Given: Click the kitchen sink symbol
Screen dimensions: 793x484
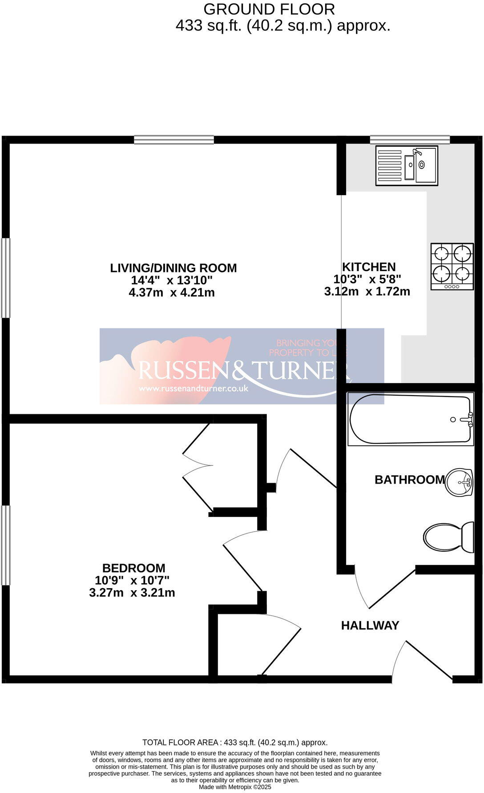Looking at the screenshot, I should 406,165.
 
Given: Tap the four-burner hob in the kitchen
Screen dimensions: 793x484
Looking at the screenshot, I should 452,267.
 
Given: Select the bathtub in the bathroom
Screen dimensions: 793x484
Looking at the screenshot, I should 410,419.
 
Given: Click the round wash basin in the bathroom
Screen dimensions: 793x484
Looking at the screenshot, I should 460,482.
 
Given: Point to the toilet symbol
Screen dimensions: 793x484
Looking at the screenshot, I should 448,537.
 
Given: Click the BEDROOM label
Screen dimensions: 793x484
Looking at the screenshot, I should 133,568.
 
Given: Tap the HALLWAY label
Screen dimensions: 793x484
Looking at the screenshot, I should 370,625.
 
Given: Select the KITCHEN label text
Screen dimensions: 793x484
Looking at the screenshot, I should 368,267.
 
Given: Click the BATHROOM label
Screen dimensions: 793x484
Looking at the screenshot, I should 409,480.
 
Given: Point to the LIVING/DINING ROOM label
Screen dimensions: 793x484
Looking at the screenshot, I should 173,268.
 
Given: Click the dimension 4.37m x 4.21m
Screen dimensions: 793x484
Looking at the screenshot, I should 171,292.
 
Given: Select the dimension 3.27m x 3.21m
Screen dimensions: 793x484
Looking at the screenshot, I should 132,593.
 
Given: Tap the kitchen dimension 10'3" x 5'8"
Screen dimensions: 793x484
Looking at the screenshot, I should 367,279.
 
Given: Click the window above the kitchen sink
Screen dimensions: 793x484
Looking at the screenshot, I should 409,140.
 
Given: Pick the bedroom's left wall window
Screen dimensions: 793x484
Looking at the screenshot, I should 5,545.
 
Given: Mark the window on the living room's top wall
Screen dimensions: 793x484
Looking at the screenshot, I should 173,140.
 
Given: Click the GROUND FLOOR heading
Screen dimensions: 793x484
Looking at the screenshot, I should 269,9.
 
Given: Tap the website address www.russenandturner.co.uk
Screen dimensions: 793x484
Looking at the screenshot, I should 193,388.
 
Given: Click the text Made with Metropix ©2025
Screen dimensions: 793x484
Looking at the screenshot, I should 235,787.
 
